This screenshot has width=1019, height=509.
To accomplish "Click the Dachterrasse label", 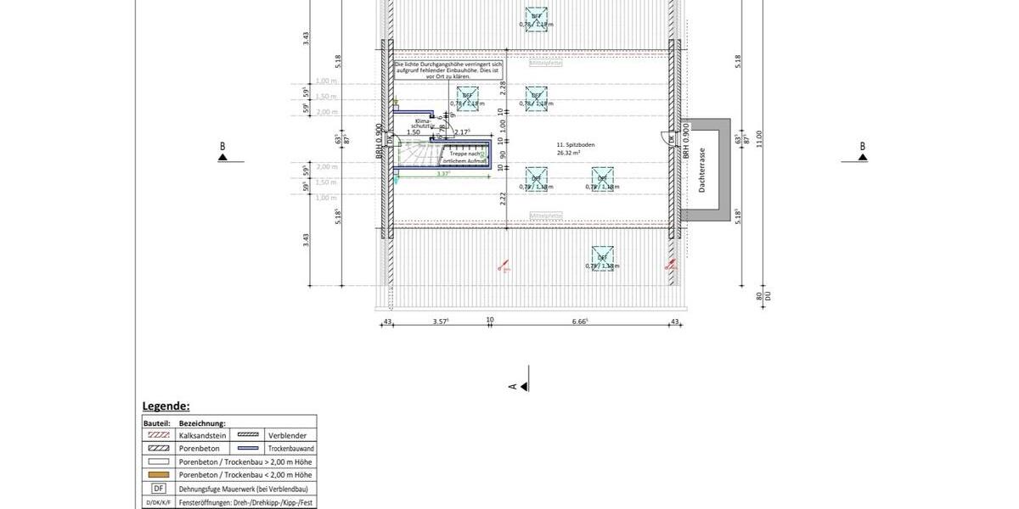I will click(x=702, y=170).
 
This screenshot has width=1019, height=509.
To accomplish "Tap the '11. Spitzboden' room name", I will click(x=577, y=145).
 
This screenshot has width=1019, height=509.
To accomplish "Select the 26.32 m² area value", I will click(x=569, y=154).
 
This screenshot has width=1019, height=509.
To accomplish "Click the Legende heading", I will click(x=166, y=406).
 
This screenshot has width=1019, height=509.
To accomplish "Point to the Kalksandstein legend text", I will click(x=203, y=434).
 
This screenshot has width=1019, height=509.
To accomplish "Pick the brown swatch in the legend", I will click(x=158, y=475).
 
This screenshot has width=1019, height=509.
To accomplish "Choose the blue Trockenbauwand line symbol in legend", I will click(x=247, y=448).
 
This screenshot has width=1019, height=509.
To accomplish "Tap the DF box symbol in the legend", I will click(x=158, y=489).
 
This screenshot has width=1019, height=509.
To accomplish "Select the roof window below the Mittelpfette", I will click(x=602, y=258).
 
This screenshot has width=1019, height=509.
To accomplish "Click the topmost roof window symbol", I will click(x=537, y=17).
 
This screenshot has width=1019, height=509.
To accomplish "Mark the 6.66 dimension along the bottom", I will click(x=581, y=322).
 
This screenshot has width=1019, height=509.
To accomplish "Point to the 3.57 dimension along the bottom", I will click(x=441, y=322).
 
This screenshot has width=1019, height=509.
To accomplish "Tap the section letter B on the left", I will click(x=223, y=147).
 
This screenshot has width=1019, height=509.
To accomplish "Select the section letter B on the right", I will click(x=862, y=147).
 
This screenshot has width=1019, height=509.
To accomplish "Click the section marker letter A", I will click(x=513, y=386).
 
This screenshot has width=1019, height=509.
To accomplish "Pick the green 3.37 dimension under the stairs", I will click(x=442, y=174).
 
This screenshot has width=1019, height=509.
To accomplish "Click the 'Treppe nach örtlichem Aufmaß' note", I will click(x=463, y=158).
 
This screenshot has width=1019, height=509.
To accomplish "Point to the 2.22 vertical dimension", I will click(x=503, y=198).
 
